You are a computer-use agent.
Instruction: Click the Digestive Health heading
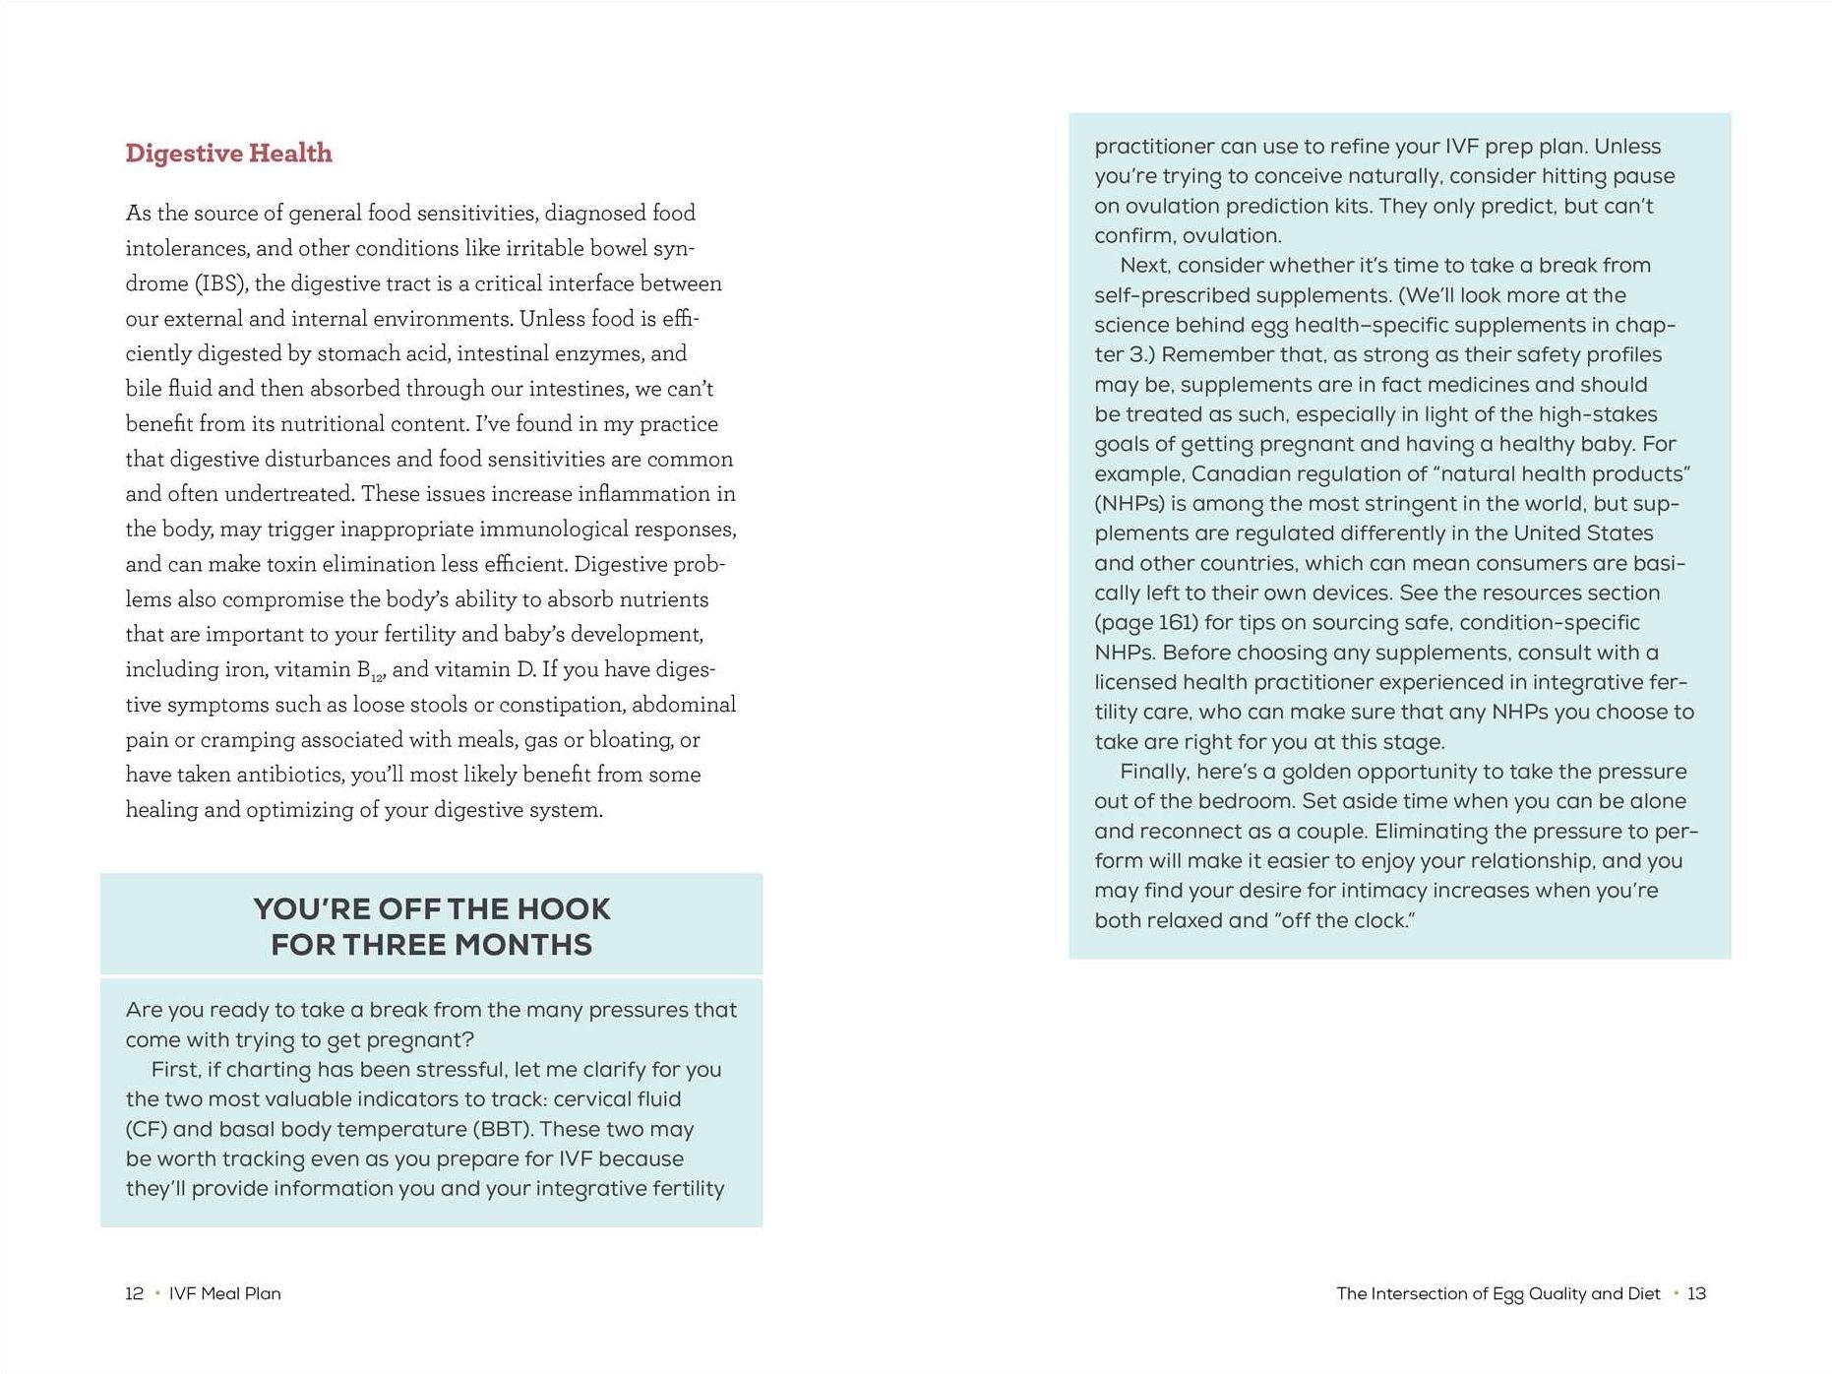click(x=228, y=154)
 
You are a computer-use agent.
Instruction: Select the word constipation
click(x=555, y=705)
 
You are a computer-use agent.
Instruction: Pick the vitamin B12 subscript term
click(x=370, y=671)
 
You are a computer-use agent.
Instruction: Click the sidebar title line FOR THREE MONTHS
click(x=431, y=945)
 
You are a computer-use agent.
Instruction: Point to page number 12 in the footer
click(x=135, y=1293)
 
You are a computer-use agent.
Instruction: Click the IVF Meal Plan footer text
click(x=225, y=1293)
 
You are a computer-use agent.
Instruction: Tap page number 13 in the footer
click(x=1696, y=1293)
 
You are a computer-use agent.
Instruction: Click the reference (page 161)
click(x=1146, y=623)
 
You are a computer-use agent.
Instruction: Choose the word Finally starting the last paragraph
click(x=1155, y=772)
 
